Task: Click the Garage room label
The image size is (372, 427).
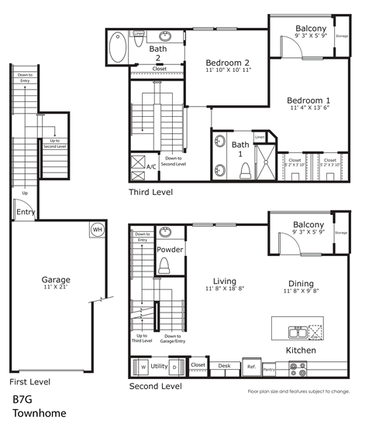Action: pos(56,279)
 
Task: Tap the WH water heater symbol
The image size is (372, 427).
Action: pos(98,230)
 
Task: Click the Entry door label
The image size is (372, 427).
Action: pos(26,212)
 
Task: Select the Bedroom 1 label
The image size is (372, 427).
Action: pos(308,101)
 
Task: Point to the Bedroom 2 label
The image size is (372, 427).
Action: pos(229,63)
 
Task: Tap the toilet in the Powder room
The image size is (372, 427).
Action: pos(164,266)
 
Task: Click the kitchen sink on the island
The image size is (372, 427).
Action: pos(297,333)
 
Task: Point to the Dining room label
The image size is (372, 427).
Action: pos(301,283)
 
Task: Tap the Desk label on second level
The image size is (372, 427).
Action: pos(225,365)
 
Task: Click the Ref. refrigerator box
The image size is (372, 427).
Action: pos(251,366)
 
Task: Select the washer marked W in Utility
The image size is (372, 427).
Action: pos(143,366)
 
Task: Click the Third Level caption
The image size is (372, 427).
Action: pos(151,192)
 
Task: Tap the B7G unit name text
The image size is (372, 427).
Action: pos(24,401)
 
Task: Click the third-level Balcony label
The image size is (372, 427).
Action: pos(310,29)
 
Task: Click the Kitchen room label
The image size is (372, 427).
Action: pos(301,350)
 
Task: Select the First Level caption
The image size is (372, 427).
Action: pos(29,382)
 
